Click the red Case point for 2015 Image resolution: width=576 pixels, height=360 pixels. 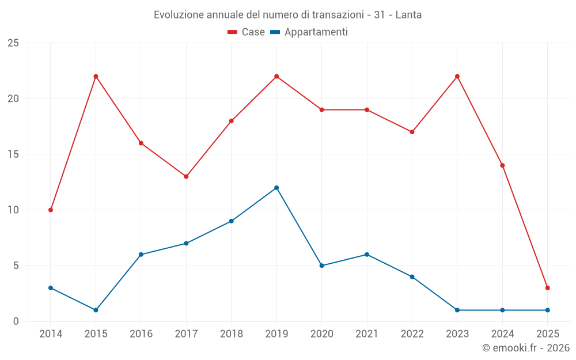tap(96, 77)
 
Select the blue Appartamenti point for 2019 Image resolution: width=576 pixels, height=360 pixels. tap(276, 188)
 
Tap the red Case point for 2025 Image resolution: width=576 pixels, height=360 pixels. tap(547, 288)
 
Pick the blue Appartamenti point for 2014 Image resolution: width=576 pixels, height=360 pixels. tap(51, 288)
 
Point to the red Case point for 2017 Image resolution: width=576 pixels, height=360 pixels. tap(186, 177)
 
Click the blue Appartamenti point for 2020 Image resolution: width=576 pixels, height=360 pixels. tap(321, 266)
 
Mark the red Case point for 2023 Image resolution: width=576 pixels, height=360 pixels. tap(457, 77)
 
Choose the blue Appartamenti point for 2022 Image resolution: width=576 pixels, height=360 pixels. tap(412, 277)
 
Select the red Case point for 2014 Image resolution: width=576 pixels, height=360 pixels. tap(51, 210)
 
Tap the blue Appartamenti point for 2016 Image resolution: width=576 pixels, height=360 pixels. tap(141, 255)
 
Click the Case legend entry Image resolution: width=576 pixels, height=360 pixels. tap(246, 32)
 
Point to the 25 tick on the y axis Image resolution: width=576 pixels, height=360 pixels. tap(13, 43)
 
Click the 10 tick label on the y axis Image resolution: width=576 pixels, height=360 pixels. tap(13, 210)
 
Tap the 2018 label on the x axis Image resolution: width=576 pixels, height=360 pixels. tap(231, 334)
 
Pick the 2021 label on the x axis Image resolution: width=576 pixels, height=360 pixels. tap(367, 334)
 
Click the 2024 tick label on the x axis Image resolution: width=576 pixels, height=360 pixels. tap(502, 334)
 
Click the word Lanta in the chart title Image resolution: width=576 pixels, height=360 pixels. tap(408, 15)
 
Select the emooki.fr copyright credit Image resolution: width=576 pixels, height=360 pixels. tap(525, 348)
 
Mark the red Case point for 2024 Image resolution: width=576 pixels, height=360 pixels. tap(502, 165)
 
